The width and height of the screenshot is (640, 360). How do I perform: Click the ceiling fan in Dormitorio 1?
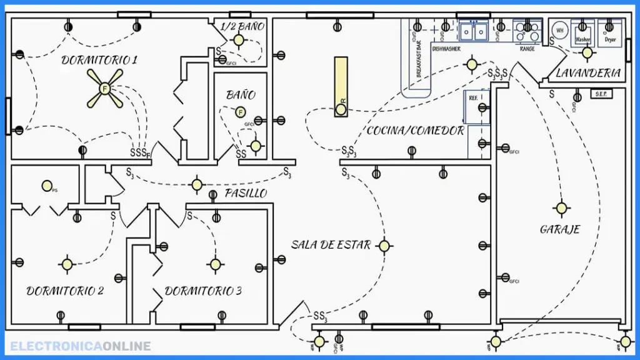[x=104, y=88]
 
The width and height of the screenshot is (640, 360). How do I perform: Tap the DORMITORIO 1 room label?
[x=99, y=60]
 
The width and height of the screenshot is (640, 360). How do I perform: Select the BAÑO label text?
[x=241, y=95]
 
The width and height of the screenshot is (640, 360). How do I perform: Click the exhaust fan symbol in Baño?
[x=239, y=112]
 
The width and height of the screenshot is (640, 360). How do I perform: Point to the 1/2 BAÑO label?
[x=242, y=26]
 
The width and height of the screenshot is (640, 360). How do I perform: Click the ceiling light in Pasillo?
[x=197, y=184]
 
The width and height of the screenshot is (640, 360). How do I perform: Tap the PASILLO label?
[x=246, y=193]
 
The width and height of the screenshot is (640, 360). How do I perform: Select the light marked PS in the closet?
[x=46, y=186]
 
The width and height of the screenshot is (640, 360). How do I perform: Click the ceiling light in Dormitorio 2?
[x=67, y=264]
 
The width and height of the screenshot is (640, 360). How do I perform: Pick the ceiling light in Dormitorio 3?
[x=215, y=264]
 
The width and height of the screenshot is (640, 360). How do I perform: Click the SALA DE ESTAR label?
[x=331, y=245]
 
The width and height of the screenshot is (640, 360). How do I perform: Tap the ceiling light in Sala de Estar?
[x=384, y=246]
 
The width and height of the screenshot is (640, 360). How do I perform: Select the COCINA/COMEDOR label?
[x=415, y=131]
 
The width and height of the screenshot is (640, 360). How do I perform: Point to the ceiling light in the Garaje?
[x=561, y=207]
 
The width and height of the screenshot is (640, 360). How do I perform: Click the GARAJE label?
[x=559, y=229]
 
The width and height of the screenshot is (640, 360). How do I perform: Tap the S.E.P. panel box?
[x=602, y=94]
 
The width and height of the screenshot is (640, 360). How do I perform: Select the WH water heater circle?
[x=559, y=30]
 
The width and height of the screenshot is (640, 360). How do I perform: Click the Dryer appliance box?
[x=610, y=33]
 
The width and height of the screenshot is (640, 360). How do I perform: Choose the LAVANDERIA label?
[x=588, y=73]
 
